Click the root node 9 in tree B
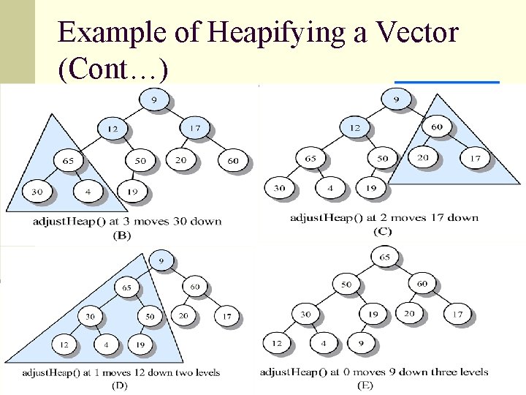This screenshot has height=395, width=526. click(x=153, y=99)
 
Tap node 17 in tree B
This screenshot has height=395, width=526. click(x=193, y=129)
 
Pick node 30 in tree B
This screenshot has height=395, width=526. click(x=36, y=191)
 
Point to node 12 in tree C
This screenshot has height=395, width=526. click(x=354, y=127)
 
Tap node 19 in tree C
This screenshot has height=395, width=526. click(x=371, y=187)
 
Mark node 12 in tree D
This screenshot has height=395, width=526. click(x=64, y=343)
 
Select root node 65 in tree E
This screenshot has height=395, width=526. click(x=386, y=257)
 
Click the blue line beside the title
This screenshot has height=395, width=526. click(x=446, y=82)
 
